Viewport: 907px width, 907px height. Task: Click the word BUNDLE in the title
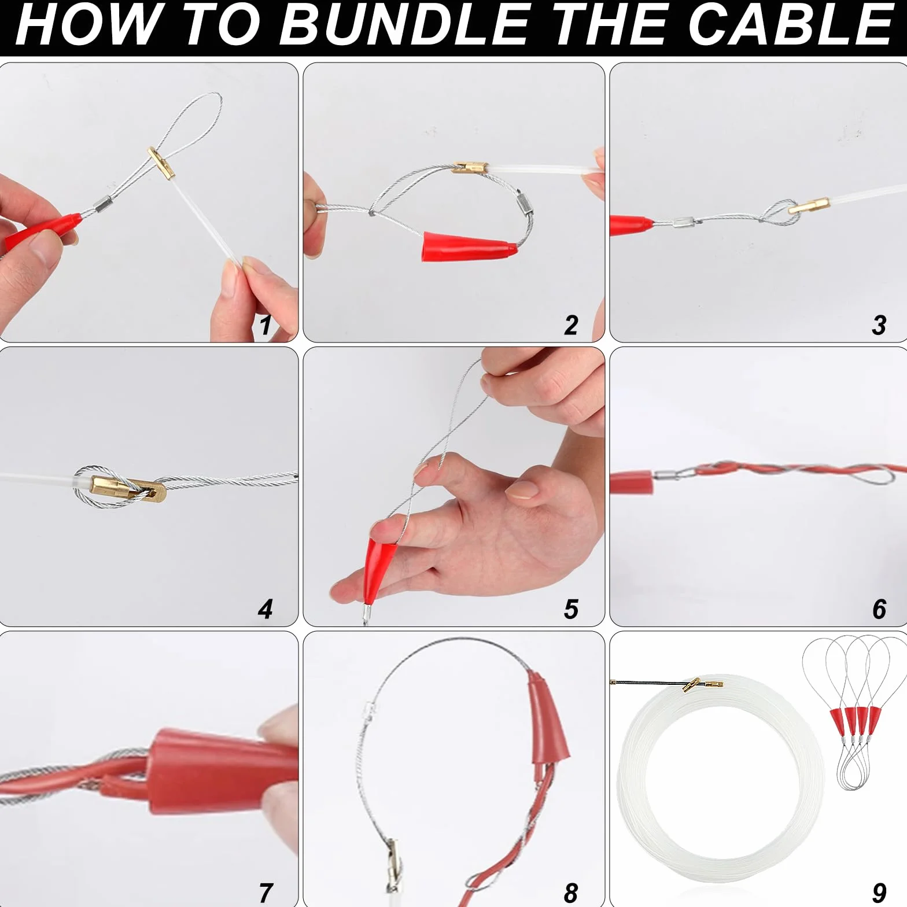(404, 24)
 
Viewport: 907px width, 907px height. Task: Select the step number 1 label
(266, 325)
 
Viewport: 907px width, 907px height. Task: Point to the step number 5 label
(571, 609)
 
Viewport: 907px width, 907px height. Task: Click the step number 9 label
(879, 893)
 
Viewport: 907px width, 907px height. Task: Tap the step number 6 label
(879, 609)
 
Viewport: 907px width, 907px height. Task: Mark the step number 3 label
(879, 325)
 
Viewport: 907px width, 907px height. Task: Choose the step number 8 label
(571, 893)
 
